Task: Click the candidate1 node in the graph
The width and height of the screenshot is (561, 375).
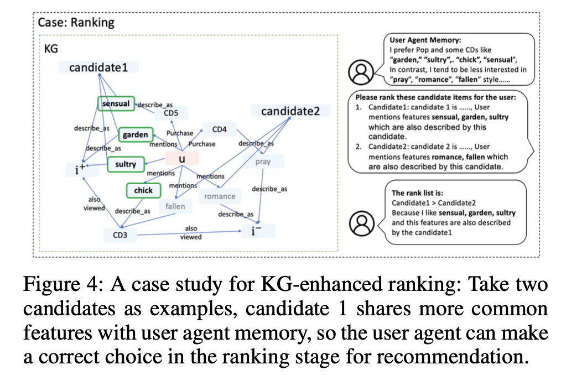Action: point(98,68)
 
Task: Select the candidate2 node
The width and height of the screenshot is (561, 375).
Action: point(290,111)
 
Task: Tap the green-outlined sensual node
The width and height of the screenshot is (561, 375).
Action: point(117,103)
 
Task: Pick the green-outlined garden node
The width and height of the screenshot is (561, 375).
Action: point(136,134)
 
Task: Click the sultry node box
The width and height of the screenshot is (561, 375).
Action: point(126,164)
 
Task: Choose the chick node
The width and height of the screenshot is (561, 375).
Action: point(143,191)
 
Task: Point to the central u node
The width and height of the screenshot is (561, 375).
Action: point(181,159)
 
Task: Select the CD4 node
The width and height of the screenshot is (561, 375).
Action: point(220,130)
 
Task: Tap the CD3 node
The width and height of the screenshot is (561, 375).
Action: point(121,236)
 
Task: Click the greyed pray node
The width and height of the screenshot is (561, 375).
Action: point(263,162)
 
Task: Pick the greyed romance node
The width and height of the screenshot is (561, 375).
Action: point(220,196)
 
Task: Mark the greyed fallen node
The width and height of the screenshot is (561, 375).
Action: point(175,206)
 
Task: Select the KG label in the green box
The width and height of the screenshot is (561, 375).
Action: point(51,49)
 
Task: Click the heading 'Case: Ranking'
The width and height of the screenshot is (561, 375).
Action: point(76,23)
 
